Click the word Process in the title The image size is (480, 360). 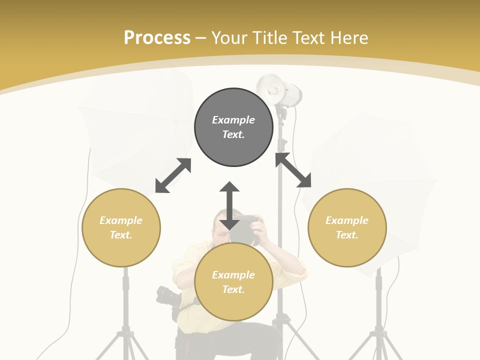click(157, 37)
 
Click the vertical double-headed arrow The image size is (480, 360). click(229, 205)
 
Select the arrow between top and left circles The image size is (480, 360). click(173, 175)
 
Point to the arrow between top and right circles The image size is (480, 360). click(293, 170)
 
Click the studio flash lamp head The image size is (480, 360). click(278, 90)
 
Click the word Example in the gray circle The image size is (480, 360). click(233, 120)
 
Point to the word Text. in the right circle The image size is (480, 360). click(347, 235)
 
